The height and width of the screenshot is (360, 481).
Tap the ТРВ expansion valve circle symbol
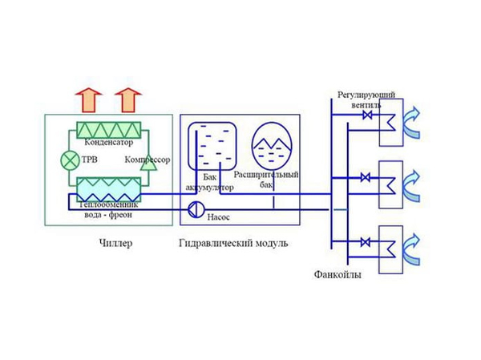click(x=68, y=160)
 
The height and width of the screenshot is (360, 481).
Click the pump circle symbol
click(x=195, y=211)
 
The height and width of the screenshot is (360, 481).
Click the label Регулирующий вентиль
click(x=366, y=100)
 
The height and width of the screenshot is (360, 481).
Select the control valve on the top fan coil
click(x=368, y=118)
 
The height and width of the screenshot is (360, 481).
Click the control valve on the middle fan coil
click(x=368, y=177)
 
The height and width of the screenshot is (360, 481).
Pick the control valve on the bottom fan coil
click(x=368, y=241)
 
